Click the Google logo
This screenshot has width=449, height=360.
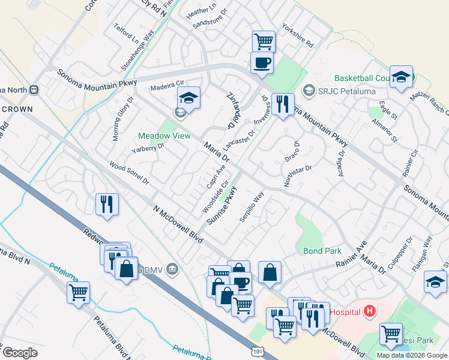point(20,353)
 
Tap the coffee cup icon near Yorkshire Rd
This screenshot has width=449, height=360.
point(262,62)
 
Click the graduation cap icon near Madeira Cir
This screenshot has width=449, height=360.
point(188,98)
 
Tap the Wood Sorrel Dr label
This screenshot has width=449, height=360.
point(128,173)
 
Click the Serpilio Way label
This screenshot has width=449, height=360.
point(252,207)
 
